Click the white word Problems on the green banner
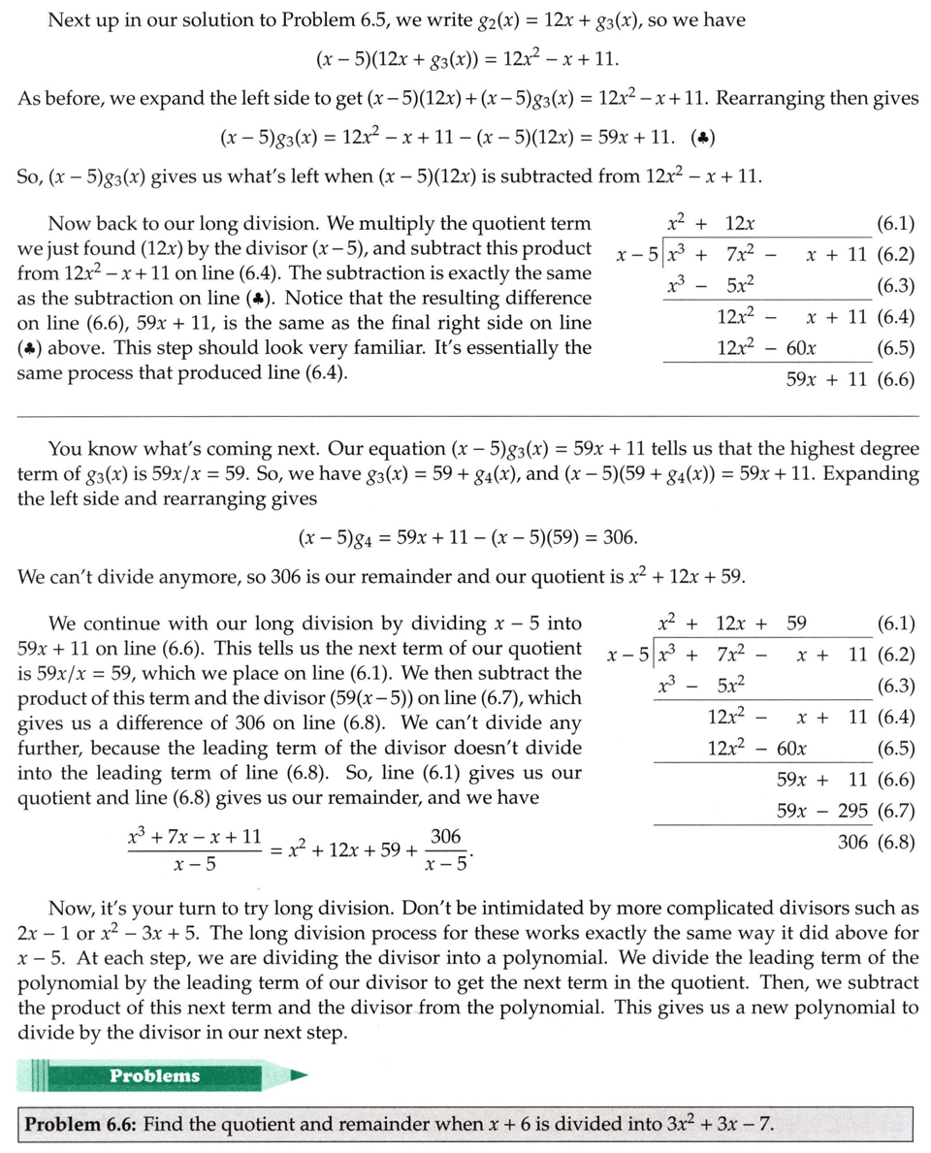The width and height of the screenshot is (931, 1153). click(x=154, y=1075)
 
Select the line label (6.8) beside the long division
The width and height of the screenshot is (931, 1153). click(x=895, y=842)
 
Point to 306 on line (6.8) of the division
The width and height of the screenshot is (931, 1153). click(x=852, y=842)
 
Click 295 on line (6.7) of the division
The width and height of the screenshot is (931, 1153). click(x=849, y=811)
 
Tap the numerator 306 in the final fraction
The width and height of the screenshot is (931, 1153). click(x=445, y=837)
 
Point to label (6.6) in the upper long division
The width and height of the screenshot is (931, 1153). click(x=895, y=379)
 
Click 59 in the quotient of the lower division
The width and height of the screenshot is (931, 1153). click(x=795, y=624)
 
